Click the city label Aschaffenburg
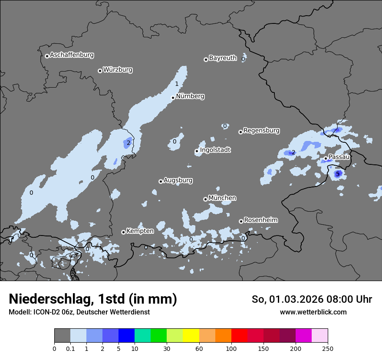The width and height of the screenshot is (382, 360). coord(72,55)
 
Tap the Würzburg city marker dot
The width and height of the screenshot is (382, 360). coord(100,71)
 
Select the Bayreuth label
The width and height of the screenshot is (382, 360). coord(223,58)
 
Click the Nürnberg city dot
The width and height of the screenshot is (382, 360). coord(173,98)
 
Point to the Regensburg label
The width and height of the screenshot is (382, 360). coord(261,131)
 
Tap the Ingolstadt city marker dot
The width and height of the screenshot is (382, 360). coord(197,151)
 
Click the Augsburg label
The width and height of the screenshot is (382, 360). coord(178,180)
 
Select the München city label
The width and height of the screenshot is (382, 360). coord(222,198)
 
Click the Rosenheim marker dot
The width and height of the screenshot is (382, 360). coord(241,221)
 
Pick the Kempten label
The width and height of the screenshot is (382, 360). coord(140,231)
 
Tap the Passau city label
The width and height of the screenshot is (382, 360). coord(339,157)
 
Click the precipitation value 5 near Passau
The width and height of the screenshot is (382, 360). coord(338,174)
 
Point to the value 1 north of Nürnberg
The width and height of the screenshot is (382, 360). coord(177,84)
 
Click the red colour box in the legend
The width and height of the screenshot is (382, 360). coord(239,336)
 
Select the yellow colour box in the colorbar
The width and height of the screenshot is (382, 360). coord(191,336)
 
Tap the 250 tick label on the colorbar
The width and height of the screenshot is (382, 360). coord(328,348)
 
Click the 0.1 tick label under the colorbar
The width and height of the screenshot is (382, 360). coord(70,348)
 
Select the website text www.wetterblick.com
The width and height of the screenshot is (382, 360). coord(313,312)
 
